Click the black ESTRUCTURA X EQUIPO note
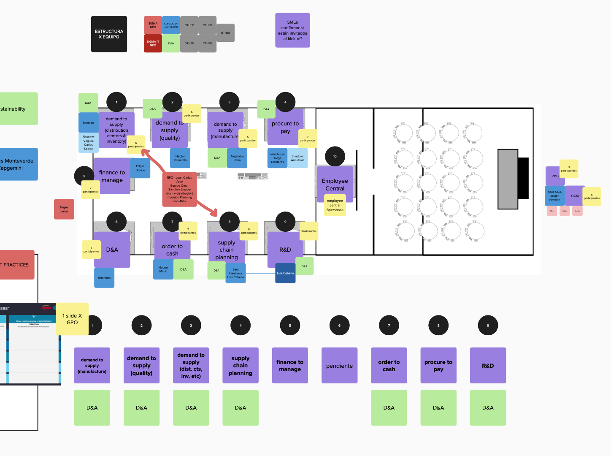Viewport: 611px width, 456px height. [109, 34]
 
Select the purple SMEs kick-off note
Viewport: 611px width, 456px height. [292, 30]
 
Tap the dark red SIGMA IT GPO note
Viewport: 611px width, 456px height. [153, 43]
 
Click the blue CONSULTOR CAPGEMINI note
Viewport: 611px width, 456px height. [171, 25]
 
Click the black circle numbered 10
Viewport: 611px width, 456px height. [335, 157]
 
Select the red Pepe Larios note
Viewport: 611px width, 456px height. [64, 209]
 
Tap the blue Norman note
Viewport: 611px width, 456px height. [89, 123]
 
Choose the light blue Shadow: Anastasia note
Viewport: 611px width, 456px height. [297, 158]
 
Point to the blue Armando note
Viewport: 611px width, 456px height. [104, 278]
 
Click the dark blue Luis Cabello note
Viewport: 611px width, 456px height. [285, 273]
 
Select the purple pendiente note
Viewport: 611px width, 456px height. [339, 366]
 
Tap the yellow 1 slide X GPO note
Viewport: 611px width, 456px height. [72, 319]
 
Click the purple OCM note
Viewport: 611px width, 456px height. [574, 196]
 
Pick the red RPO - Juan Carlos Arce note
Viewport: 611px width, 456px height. [179, 190]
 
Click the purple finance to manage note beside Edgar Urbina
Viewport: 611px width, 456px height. [111, 176]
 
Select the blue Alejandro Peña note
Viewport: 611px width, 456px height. [237, 158]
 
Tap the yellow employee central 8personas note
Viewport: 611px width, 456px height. [335, 206]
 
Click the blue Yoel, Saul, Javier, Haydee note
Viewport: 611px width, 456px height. [554, 196]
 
